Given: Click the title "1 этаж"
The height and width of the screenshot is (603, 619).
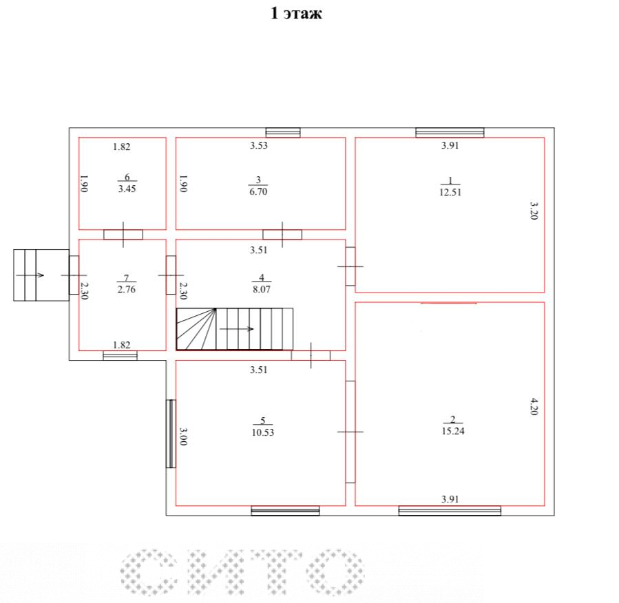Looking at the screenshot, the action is click(296, 13).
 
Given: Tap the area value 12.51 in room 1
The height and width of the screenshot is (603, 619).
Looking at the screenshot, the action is click(450, 192).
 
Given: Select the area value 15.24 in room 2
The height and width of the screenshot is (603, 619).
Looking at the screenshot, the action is click(453, 431).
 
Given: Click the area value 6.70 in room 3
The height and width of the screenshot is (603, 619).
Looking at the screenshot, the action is click(258, 191).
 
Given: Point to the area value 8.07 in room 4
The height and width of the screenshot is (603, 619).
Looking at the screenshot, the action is click(262, 289).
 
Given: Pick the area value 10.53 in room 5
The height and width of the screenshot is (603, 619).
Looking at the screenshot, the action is click(262, 432).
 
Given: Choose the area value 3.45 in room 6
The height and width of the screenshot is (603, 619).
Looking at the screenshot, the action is click(127, 189).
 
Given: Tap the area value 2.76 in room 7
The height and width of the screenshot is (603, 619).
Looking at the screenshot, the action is click(126, 289).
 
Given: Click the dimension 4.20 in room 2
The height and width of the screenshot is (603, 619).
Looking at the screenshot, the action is click(534, 406).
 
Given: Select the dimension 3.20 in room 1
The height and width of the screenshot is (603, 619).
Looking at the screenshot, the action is click(534, 211).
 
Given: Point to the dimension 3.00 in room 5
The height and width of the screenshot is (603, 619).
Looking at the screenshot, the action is click(183, 436).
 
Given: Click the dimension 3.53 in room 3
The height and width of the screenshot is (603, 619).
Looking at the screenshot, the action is click(259, 146).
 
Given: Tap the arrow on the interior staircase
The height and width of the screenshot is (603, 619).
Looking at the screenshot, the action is click(236, 329).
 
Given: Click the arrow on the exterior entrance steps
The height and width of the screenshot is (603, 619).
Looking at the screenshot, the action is click(30, 275).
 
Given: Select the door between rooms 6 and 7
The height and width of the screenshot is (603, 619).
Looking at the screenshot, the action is click(123, 235).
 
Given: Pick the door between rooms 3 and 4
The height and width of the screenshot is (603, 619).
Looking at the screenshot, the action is click(282, 235).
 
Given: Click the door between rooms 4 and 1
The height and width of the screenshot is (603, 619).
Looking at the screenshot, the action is click(350, 266).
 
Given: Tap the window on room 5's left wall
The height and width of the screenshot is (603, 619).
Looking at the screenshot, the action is click(171, 434).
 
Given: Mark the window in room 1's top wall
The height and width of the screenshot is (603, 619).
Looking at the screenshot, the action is click(450, 133).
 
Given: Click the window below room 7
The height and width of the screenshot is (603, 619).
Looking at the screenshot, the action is click(120, 356).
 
